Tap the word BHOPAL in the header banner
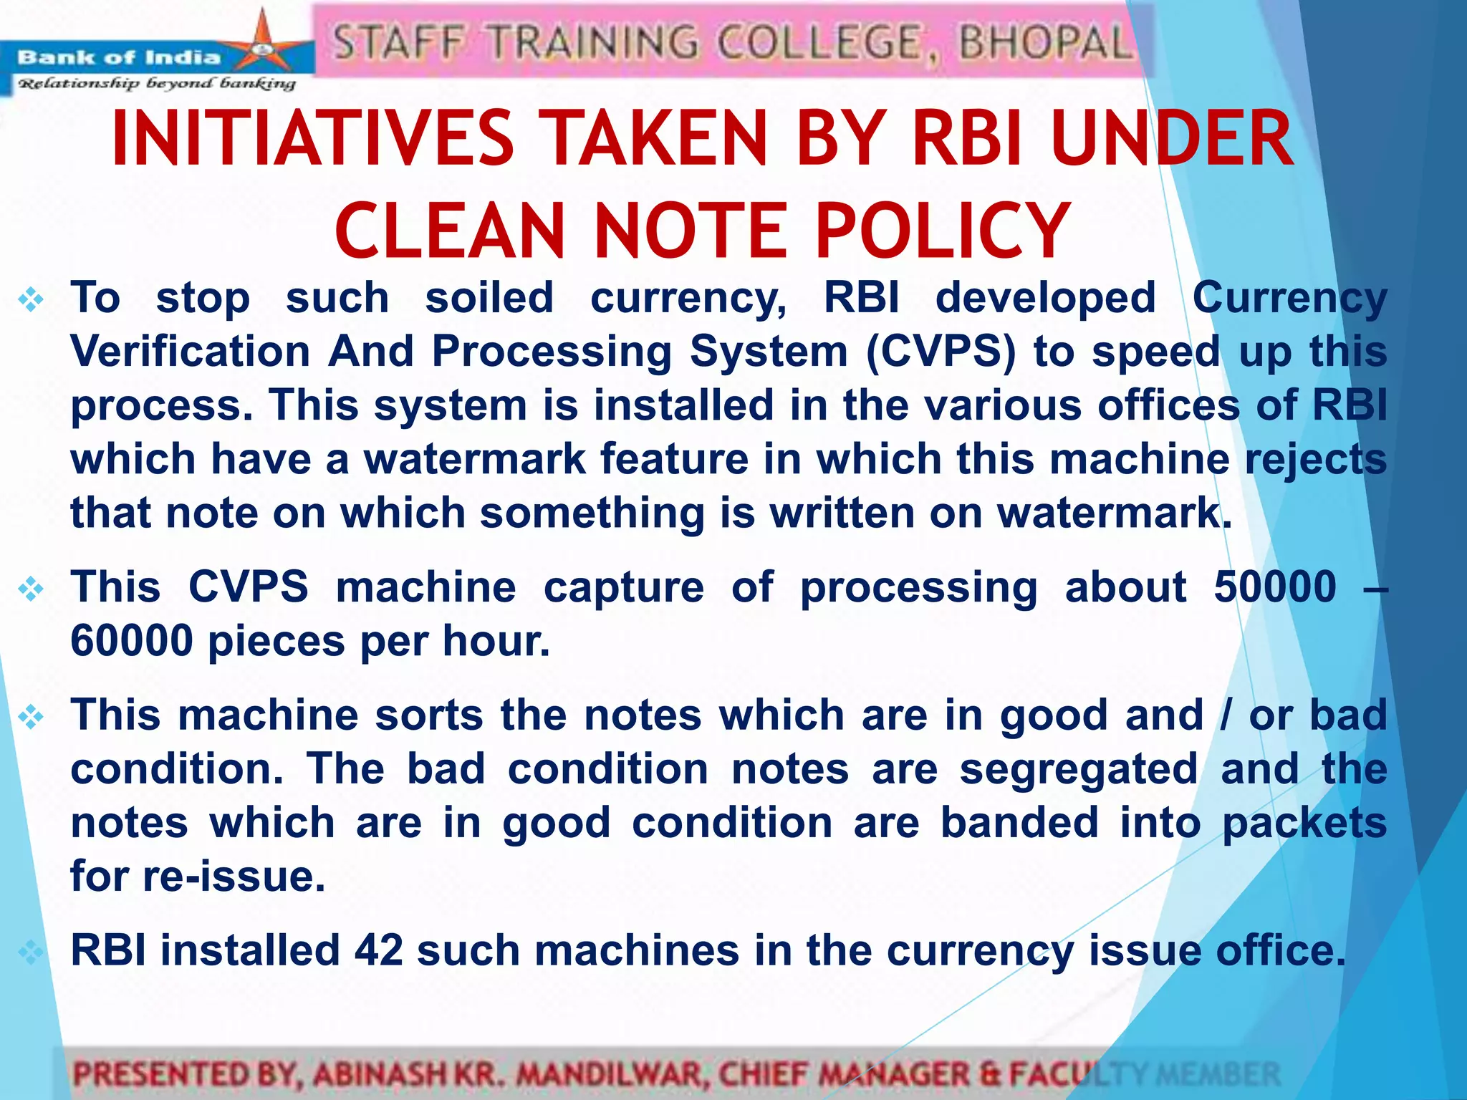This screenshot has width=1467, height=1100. point(1045,42)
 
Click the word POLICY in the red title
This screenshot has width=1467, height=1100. point(943,231)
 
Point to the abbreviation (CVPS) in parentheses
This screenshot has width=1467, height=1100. point(941,352)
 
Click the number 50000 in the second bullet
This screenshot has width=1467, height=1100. point(1275,587)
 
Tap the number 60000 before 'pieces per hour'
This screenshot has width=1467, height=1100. point(132,641)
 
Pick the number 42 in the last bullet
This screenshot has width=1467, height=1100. point(379,951)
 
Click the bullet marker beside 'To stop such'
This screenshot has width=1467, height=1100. point(32,299)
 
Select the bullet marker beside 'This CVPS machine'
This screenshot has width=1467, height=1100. point(32,589)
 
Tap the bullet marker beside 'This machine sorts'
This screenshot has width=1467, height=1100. point(32,717)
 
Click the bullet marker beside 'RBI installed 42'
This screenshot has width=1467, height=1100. point(32,952)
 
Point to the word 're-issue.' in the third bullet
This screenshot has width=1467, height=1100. point(234,877)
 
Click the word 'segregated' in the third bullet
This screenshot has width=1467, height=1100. point(1079,769)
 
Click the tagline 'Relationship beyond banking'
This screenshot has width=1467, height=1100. point(156,84)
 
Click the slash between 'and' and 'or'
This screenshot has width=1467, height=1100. point(1226,715)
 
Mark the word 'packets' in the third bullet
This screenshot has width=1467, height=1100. point(1304,823)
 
